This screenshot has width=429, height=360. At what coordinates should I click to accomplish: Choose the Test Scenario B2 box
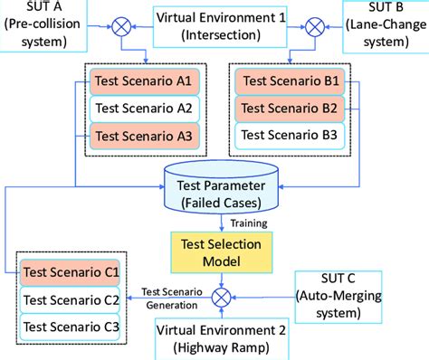pos(286,109)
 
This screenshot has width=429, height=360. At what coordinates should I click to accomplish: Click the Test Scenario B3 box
pos(286,137)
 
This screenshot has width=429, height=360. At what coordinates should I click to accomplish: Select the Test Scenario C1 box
pos(72,271)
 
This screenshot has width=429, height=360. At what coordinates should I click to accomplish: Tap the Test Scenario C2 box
pos(72,299)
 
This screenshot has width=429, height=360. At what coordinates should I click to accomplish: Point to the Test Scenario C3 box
pos(72,326)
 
